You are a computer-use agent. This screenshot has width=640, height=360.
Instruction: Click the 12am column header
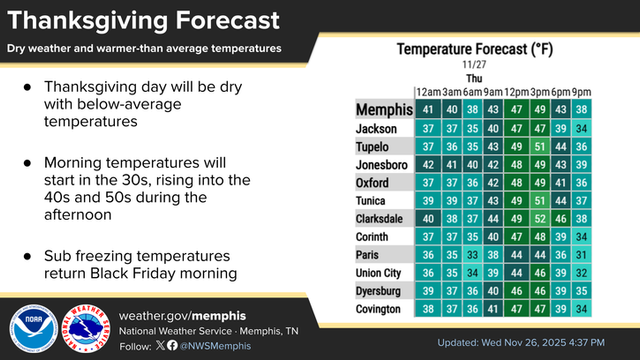428,91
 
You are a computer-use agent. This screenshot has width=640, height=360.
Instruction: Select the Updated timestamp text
530,344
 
